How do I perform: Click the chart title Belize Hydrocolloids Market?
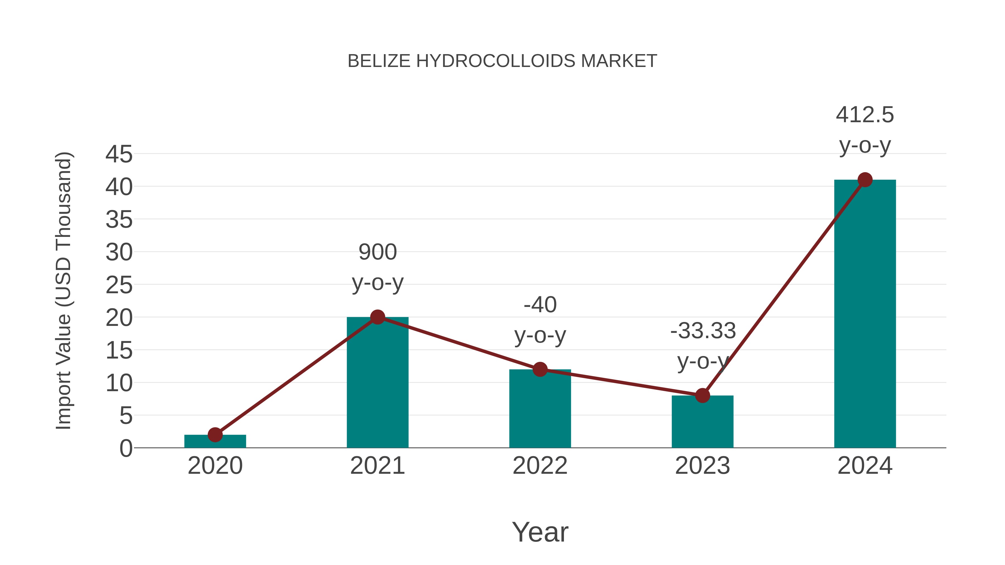pos(502,61)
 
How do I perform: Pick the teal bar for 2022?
pos(540,409)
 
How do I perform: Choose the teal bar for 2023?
pos(702,423)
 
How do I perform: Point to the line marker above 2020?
pos(215,434)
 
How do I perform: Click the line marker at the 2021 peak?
pos(377,317)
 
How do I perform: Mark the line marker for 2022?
pos(540,369)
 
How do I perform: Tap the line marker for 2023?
pos(702,395)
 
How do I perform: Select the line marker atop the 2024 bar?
pos(865,180)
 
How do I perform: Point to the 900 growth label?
pos(377,252)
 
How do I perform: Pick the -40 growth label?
pos(540,305)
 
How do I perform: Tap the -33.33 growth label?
pos(702,331)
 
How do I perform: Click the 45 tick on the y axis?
pos(119,154)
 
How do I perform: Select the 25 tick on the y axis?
pos(119,285)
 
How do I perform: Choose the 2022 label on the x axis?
pos(540,466)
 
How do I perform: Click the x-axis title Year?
pos(540,532)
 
